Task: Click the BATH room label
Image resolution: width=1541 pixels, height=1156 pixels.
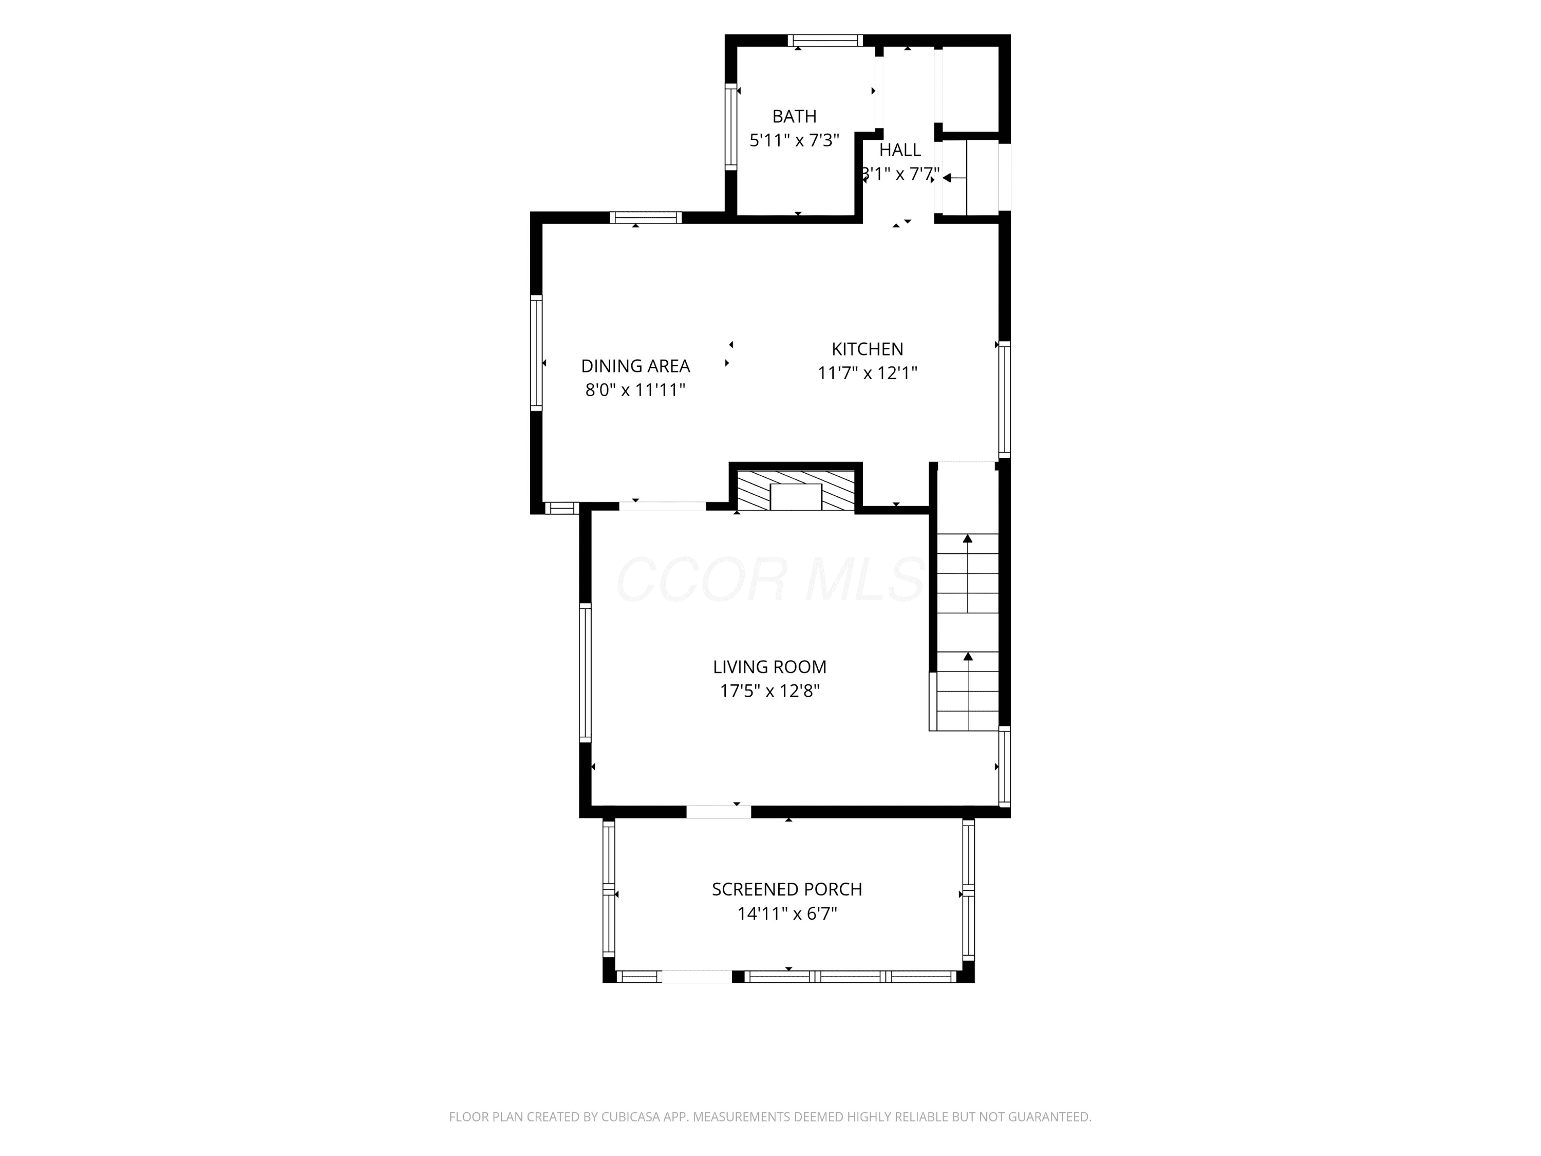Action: coord(794,116)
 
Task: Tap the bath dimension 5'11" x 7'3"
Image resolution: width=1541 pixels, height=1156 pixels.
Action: coord(794,141)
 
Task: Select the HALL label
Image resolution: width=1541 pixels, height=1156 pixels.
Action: coord(900,150)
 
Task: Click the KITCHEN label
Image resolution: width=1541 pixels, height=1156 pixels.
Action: coord(868,349)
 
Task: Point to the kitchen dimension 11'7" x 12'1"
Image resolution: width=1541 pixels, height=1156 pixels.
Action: coord(868,374)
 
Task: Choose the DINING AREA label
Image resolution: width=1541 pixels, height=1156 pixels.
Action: coord(635,366)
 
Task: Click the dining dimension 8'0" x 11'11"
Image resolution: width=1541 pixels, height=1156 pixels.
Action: coord(635,390)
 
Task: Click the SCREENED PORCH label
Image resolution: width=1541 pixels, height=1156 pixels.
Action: coord(787,889)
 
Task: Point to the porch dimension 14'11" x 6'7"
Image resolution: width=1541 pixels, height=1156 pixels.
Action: coord(787,913)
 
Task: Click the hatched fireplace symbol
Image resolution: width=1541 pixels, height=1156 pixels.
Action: coord(796,491)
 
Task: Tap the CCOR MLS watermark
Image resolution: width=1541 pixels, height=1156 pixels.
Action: coord(770,580)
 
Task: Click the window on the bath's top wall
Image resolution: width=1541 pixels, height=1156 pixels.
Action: coord(825,41)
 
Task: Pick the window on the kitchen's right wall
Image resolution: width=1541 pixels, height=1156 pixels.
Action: coord(1005,399)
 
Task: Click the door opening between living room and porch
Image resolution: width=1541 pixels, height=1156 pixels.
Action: coord(719,812)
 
